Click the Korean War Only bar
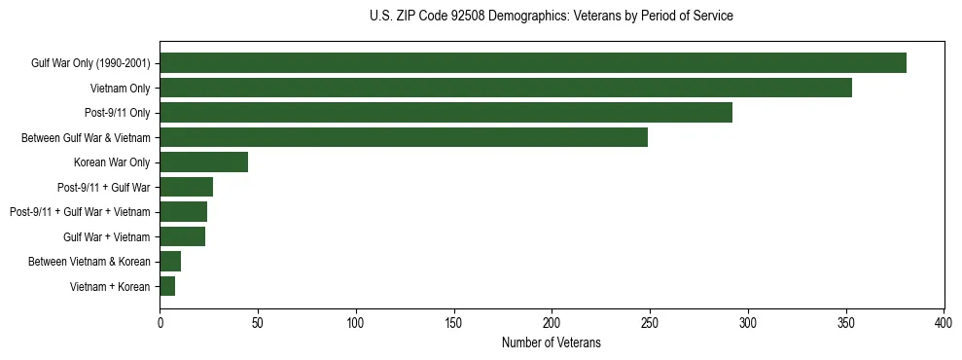click(204, 162)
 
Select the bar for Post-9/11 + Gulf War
click(187, 187)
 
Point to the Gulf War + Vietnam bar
click(183, 236)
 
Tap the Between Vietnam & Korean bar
click(170, 262)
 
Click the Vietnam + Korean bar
click(167, 286)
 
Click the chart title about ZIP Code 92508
click(552, 17)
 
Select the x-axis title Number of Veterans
click(552, 343)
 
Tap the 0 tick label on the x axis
click(160, 322)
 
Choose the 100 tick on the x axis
click(356, 322)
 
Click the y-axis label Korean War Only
click(112, 162)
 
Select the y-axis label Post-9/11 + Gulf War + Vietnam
click(80, 212)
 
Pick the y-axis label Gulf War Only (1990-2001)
click(90, 63)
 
